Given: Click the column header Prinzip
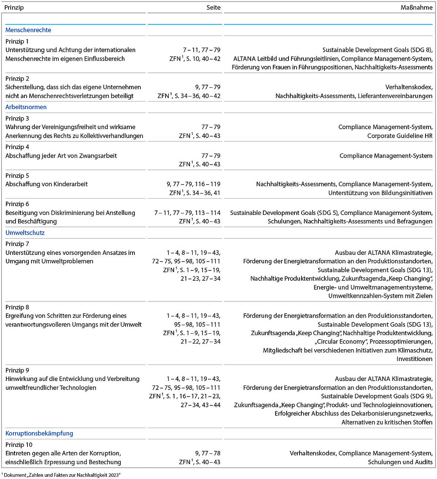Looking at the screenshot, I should (14, 7).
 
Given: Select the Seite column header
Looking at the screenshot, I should (213, 7).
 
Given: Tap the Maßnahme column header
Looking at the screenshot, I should (416, 7).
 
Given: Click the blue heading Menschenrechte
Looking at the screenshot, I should (28, 30).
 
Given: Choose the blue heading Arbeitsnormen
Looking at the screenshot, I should (26, 107).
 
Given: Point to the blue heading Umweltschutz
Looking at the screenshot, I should (25, 233).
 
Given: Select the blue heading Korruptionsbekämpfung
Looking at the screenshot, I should (39, 433).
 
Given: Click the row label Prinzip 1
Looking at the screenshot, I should (17, 41).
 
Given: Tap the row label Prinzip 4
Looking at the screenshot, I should (17, 147).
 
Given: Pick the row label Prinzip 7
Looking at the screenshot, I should (17, 244).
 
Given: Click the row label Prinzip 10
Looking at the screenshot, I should (19, 445).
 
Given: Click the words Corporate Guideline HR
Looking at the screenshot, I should (400, 136).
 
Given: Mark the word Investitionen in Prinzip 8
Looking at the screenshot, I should (414, 359).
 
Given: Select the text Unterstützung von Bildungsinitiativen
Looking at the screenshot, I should (380, 193).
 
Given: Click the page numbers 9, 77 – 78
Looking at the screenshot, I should (207, 453).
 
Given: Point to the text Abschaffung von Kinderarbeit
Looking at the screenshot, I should (47, 184).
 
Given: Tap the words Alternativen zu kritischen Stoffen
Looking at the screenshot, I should (387, 422).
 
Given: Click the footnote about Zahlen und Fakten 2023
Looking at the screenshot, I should (61, 475).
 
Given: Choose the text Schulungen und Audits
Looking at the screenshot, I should (400, 462).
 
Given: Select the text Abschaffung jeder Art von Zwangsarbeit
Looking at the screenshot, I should (61, 156).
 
